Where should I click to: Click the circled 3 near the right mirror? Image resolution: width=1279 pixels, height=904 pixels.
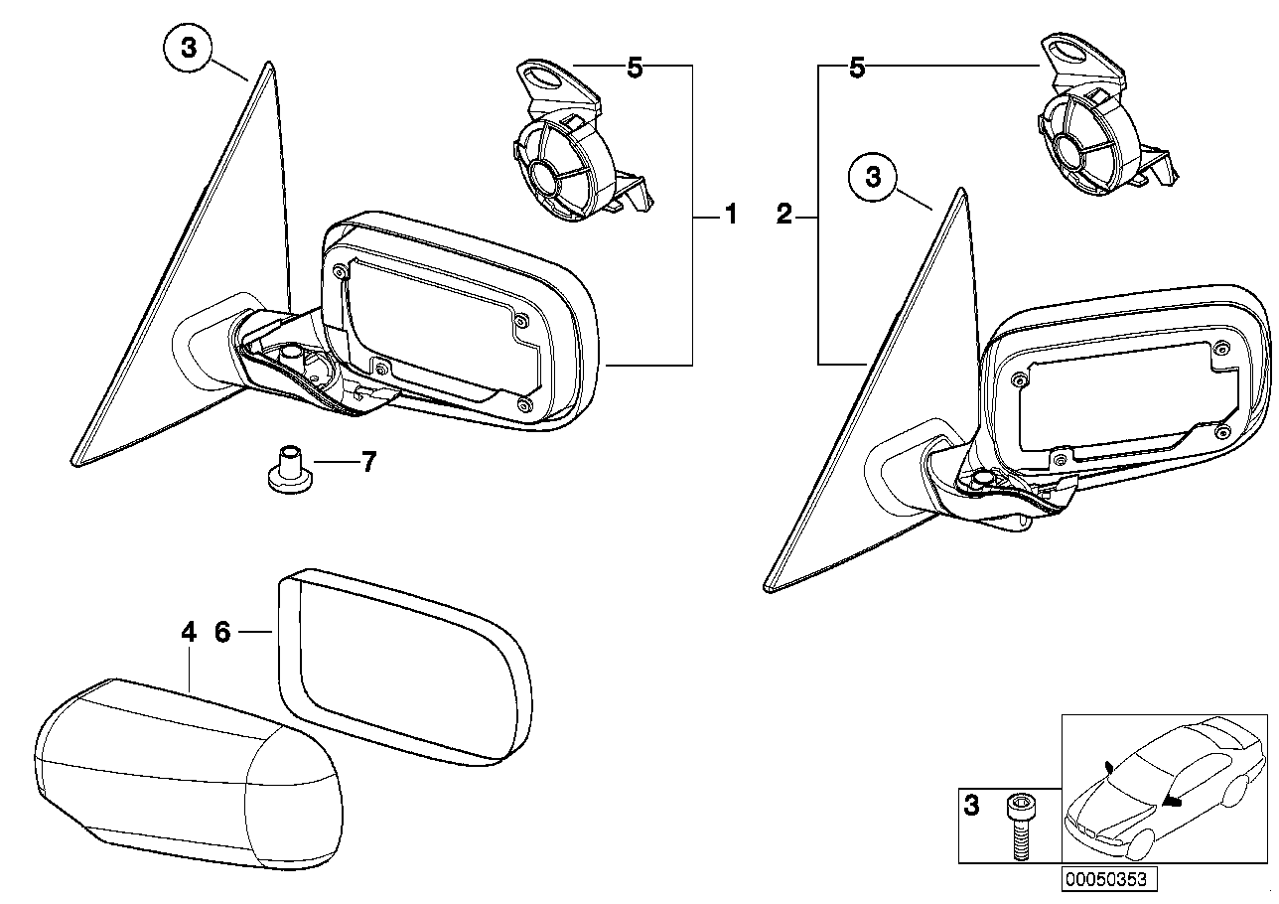click(873, 179)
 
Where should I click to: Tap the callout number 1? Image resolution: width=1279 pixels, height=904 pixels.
click(731, 215)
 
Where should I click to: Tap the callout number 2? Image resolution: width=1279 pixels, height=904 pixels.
click(784, 215)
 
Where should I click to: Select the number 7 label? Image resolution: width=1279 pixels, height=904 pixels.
click(368, 462)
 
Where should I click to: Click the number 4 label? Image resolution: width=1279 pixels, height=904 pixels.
click(189, 632)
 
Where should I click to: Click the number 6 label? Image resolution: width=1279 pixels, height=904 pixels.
click(222, 632)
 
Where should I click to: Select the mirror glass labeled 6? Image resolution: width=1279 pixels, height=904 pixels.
click(402, 666)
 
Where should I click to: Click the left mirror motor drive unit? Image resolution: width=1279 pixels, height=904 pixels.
click(571, 144)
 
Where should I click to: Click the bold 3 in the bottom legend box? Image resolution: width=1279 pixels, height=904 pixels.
click(971, 807)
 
